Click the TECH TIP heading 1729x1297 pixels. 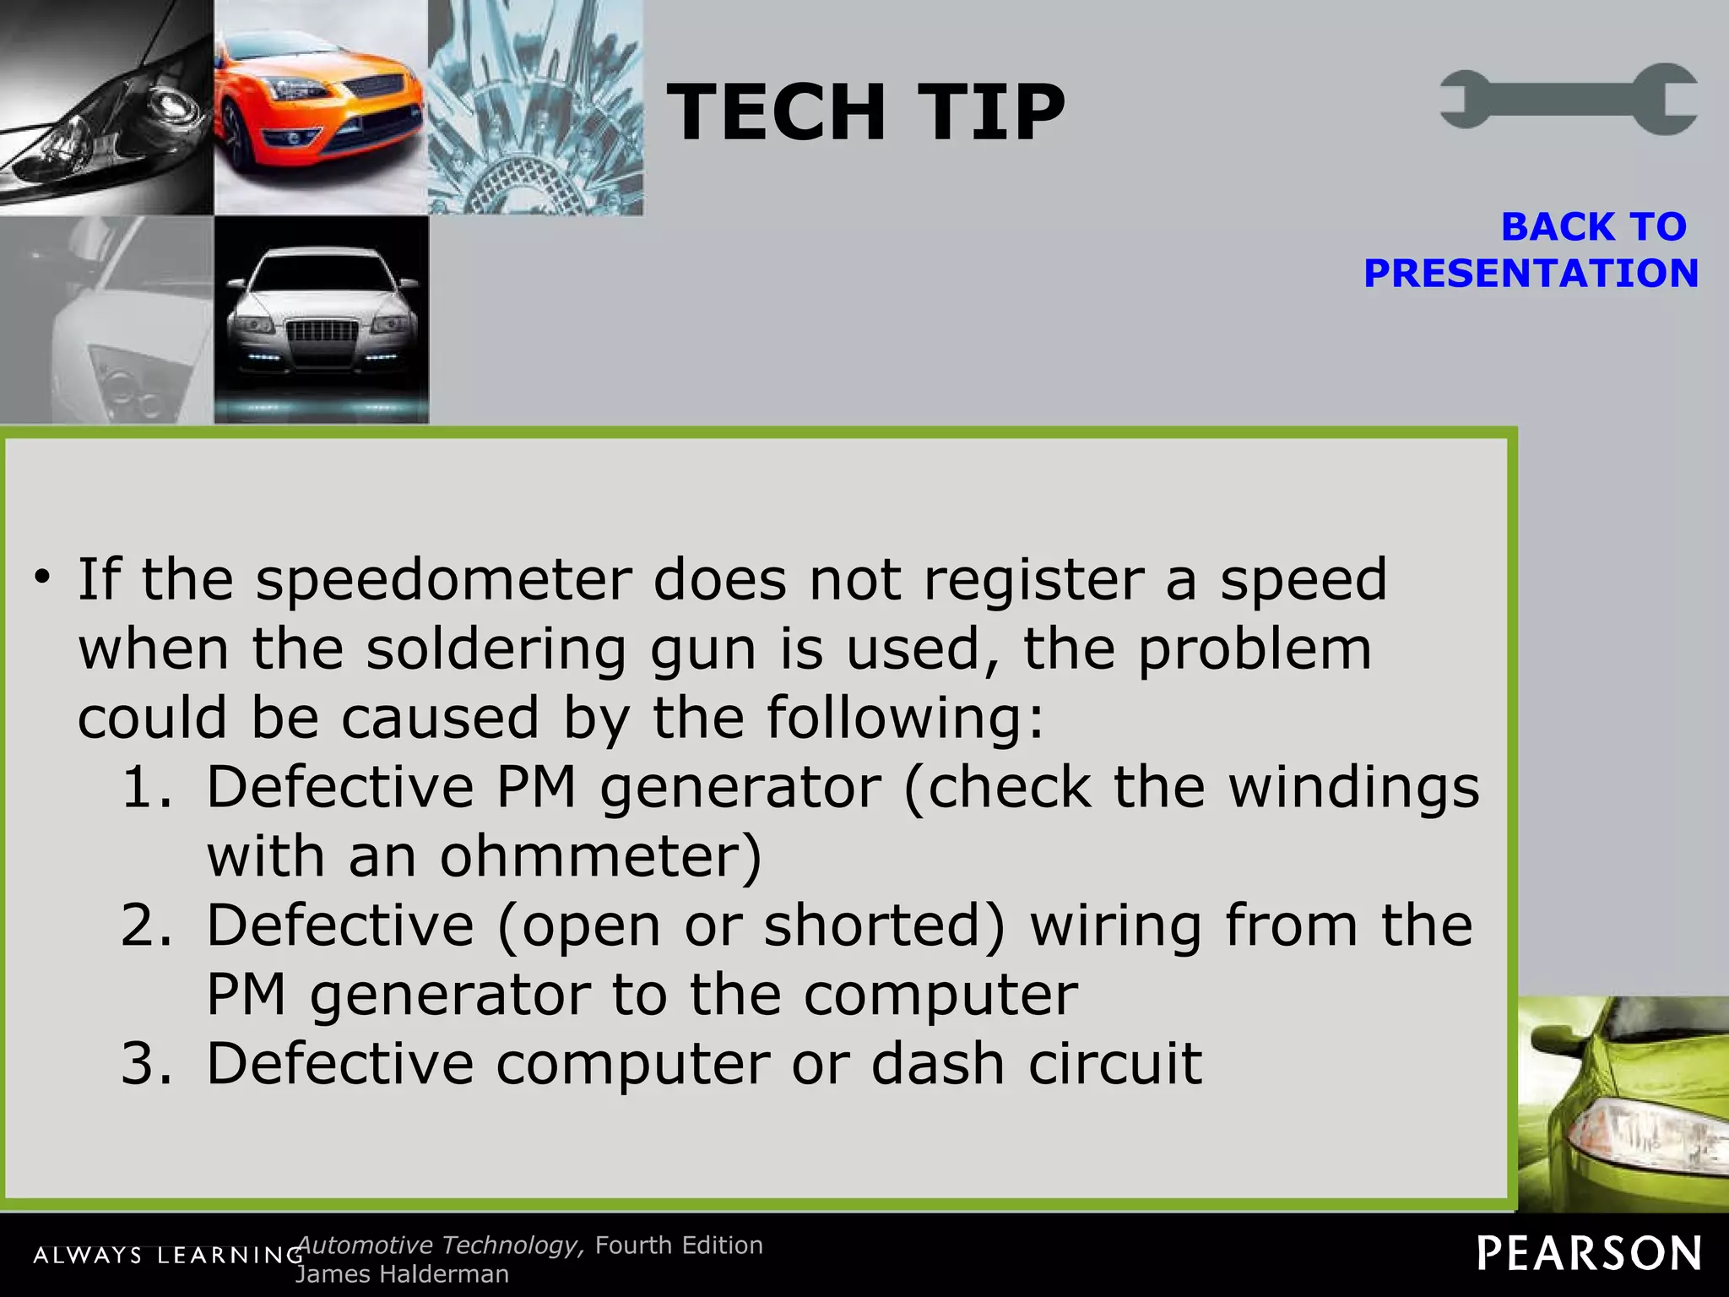pos(865,112)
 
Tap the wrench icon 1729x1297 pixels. pos(1569,99)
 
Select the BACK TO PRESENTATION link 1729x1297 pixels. pos(1531,250)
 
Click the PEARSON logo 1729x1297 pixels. pos(1589,1254)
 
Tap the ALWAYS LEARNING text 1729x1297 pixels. pos(168,1256)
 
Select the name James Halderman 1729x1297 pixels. pos(402,1274)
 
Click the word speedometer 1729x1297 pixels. pos(444,581)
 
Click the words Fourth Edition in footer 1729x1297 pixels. pos(679,1245)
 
